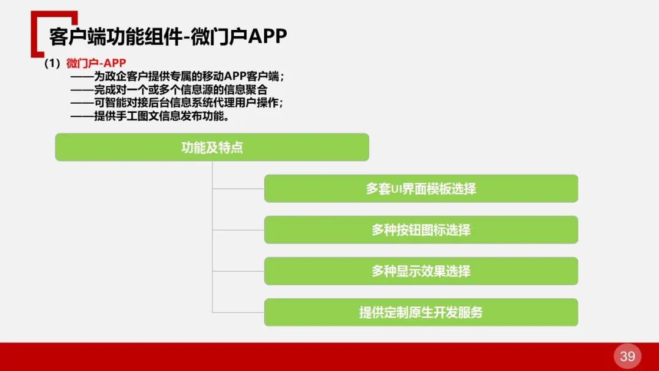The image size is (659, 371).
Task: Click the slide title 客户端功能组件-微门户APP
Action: click(x=168, y=37)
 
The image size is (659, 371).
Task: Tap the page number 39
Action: click(x=627, y=356)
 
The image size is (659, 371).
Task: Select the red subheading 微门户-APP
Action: click(x=96, y=64)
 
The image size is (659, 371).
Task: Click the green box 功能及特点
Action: click(x=212, y=147)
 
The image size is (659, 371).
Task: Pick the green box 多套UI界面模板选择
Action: click(x=420, y=189)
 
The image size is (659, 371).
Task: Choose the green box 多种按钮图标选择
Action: click(x=420, y=230)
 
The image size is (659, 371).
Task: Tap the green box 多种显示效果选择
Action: click(x=420, y=271)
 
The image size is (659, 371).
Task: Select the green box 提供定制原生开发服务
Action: click(x=420, y=312)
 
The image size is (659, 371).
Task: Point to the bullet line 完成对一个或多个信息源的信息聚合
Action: click(x=180, y=90)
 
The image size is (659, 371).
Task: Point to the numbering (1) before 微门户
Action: click(x=54, y=64)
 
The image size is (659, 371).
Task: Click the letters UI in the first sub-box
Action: click(x=399, y=189)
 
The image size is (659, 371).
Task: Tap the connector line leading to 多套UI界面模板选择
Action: click(x=238, y=189)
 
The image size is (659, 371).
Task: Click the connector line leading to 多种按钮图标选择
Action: click(x=238, y=230)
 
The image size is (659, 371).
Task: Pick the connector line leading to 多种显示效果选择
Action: click(x=238, y=271)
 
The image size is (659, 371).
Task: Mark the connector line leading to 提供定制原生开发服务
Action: click(x=238, y=312)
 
